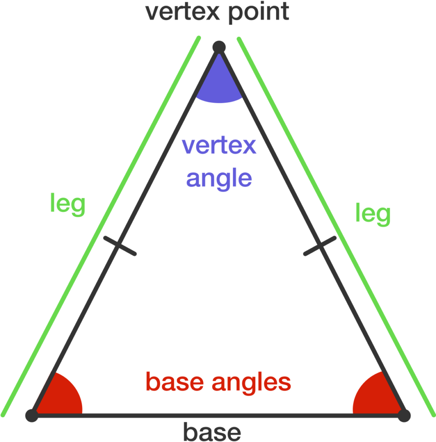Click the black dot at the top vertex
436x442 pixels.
219,47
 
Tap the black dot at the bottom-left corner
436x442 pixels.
32,416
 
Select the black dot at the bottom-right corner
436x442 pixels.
404,416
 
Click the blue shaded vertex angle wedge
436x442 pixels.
219,85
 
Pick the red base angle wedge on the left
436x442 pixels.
60,398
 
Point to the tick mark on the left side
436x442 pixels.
120,246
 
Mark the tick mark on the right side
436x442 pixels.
320,246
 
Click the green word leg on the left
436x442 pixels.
67,204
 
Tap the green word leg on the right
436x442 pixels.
373,214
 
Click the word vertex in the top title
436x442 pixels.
182,12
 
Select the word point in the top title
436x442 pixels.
259,13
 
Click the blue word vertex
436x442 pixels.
219,146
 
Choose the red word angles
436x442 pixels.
251,384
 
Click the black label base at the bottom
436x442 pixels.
212,431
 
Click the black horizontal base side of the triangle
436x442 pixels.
218,416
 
